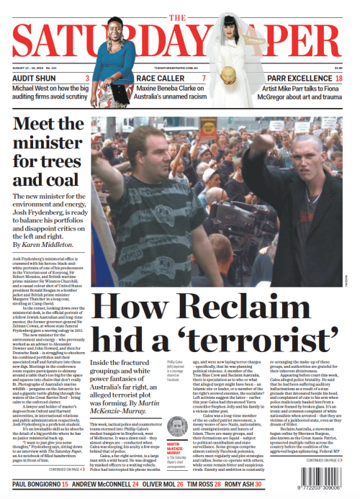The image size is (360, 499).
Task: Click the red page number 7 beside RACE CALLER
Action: click(x=204, y=78)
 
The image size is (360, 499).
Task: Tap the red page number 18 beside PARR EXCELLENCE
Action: click(x=338, y=78)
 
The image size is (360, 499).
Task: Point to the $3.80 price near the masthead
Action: click(x=338, y=68)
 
